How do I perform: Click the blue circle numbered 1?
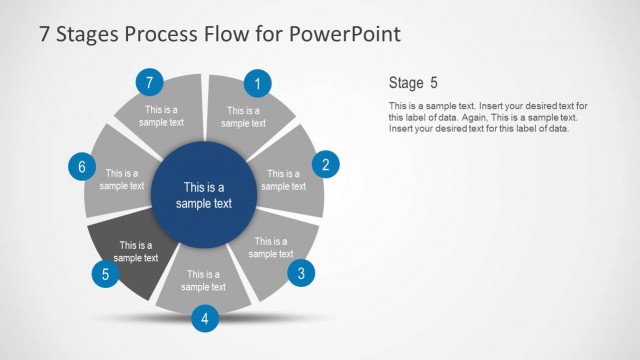tap(258, 84)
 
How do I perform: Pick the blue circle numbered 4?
tap(204, 319)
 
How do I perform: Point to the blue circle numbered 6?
tap(81, 166)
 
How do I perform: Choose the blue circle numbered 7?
tap(149, 82)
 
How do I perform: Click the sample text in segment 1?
tap(243, 117)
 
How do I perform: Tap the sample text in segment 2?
tap(283, 180)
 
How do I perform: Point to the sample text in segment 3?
tap(271, 247)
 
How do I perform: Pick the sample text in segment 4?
tap(203, 280)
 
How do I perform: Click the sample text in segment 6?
tap(122, 179)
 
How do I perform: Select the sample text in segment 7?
tap(163, 116)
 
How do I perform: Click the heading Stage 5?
tap(412, 82)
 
